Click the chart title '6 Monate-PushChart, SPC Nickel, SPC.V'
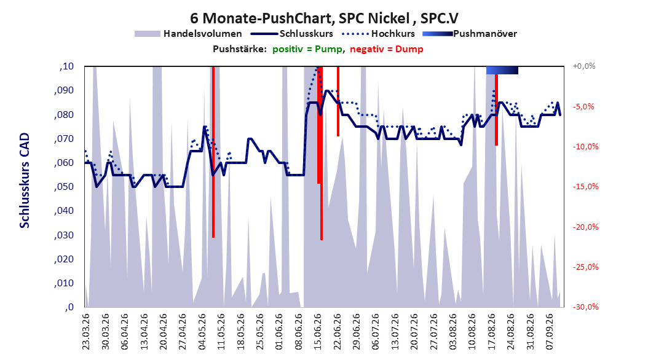pos(324,18)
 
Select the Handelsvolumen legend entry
pos(189,34)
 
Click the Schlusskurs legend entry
pos(292,34)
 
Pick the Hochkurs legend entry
pos(379,34)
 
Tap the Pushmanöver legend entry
pos(470,34)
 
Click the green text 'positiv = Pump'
pos(307,49)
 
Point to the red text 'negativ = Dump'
pos(387,49)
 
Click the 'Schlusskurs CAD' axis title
pos(25,181)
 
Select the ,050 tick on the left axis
pos(64,187)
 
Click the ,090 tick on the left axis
pos(64,90)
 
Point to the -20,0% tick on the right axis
pos(585,227)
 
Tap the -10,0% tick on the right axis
pos(585,147)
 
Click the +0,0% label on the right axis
pos(584,66)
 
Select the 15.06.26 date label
pos(318,332)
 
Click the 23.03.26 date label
pos(86,332)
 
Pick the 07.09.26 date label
pos(550,332)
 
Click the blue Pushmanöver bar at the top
pos(502,70)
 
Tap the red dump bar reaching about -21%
pos(321,153)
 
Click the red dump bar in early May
pos(213,152)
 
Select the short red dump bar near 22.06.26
pos(338,101)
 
